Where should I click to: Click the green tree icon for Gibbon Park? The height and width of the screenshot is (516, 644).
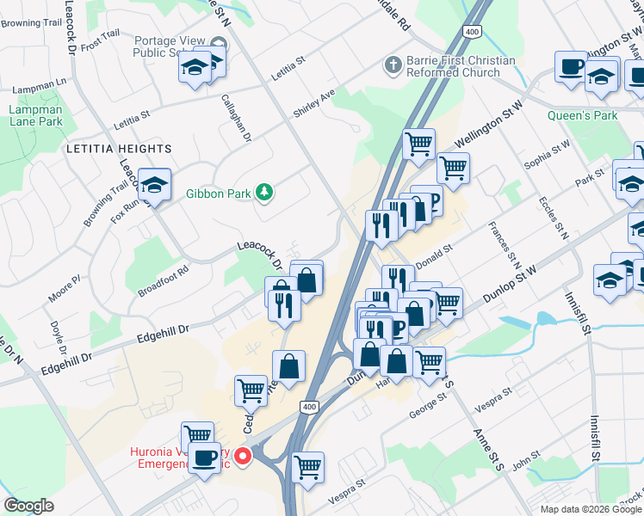(266, 193)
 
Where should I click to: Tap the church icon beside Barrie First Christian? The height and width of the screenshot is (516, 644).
(393, 65)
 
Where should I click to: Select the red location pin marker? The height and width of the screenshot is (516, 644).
(244, 456)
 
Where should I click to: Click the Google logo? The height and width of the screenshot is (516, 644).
(29, 506)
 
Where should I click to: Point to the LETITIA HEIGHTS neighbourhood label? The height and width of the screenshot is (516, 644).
(119, 149)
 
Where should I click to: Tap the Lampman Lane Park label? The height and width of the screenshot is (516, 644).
(35, 115)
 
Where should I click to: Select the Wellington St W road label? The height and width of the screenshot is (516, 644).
(489, 124)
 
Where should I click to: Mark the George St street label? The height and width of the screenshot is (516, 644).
(430, 406)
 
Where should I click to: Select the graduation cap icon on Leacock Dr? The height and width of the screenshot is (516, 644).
(155, 183)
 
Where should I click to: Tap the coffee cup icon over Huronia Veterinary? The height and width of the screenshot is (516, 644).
(205, 457)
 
